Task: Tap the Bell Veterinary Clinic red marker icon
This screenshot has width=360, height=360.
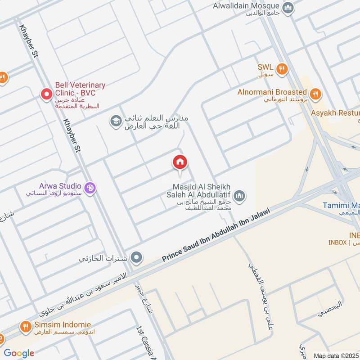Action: (46, 94)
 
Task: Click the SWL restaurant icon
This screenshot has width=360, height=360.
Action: (282, 68)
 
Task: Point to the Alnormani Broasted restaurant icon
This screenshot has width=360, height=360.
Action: (316, 94)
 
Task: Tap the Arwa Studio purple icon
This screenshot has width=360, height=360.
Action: (90, 188)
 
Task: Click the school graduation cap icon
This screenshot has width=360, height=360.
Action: (116, 121)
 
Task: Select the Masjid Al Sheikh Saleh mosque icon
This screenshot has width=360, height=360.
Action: (239, 195)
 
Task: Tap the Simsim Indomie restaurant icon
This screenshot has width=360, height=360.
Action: (25, 326)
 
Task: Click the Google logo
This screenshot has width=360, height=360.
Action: (19, 353)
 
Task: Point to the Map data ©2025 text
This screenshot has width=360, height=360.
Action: (336, 355)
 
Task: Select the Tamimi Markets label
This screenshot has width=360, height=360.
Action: (341, 205)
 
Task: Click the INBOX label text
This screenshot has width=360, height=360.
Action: (337, 242)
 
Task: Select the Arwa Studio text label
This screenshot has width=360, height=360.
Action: (60, 186)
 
